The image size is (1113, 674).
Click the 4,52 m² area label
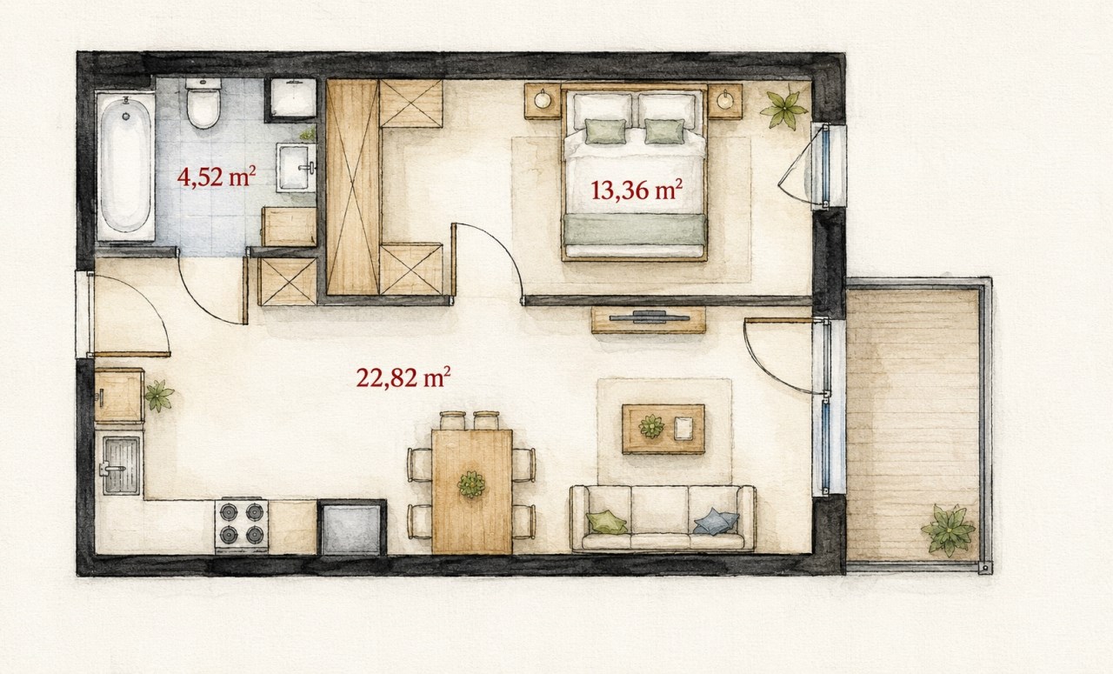pos(217,177)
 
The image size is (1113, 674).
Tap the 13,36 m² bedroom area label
pos(636,190)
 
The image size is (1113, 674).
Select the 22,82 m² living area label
pos(403,377)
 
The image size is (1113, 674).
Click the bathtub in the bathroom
pos(126,166)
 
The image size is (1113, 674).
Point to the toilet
pos(203,103)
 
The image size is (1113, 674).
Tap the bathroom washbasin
pos(297,168)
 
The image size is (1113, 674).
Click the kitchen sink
pos(121,465)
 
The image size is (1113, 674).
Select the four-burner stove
pos(242,525)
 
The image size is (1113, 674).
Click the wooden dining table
pos(471,491)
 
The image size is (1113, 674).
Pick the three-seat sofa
pos(663,519)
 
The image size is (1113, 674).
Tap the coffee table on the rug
pos(663,429)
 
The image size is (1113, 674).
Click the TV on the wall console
pos(649,317)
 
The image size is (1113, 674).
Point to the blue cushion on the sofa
pos(716,522)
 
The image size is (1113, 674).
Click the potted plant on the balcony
pos(949,530)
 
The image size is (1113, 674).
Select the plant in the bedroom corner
pos(783,110)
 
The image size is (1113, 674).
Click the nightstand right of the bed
pos(725,101)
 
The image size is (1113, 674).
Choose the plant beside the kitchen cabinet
pos(158,396)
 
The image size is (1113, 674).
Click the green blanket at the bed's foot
pos(635,230)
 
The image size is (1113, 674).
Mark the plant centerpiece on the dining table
pos(471,484)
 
